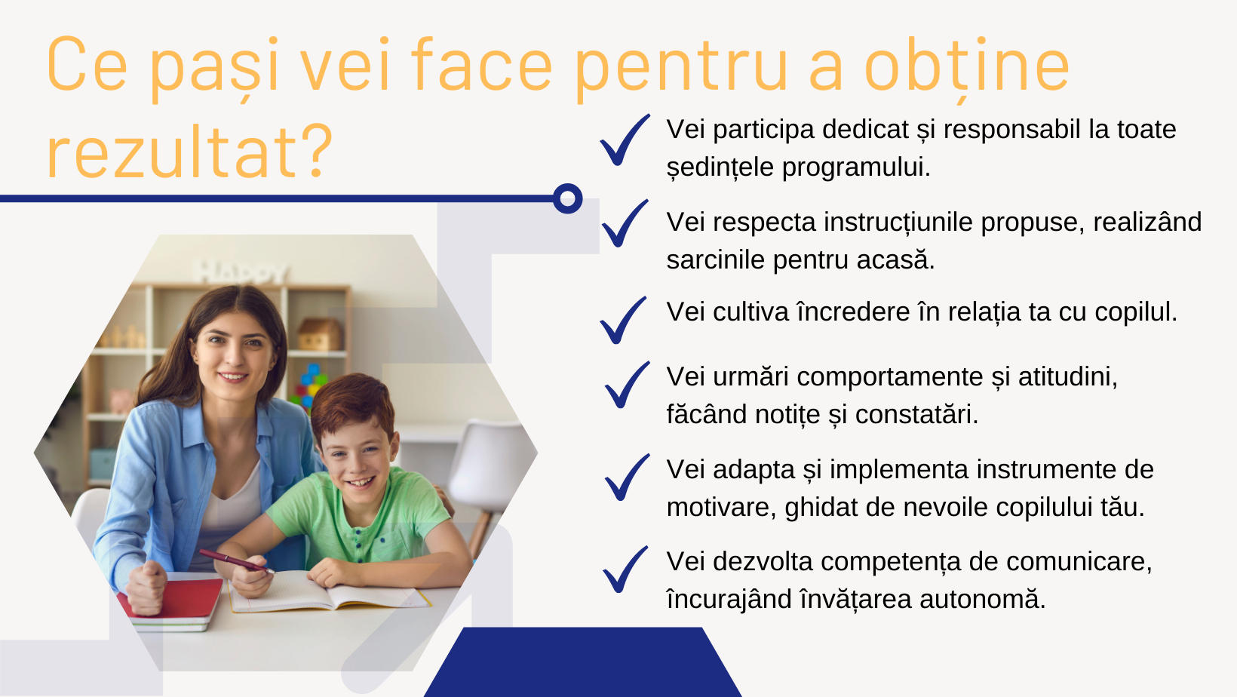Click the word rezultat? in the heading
tap(189, 152)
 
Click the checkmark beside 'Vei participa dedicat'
tap(625, 140)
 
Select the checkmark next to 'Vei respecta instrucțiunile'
tap(625, 223)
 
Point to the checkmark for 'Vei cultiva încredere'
tap(623, 321)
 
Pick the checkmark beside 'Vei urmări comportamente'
tap(628, 385)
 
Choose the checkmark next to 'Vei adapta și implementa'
tap(628, 477)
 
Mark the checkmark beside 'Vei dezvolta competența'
tap(625, 570)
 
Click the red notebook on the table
tap(171, 599)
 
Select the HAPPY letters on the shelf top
tap(241, 272)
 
